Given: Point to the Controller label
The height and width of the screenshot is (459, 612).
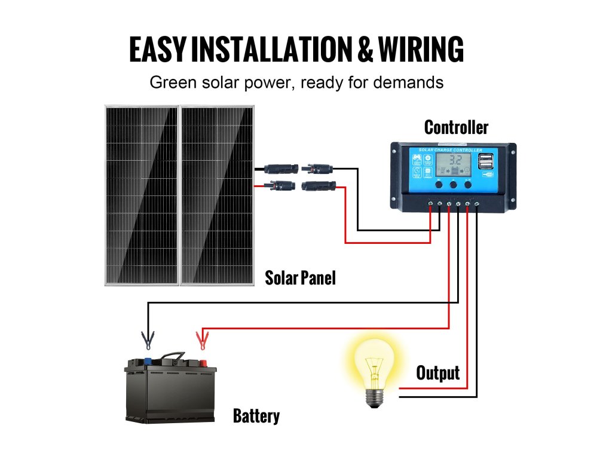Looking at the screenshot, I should pyautogui.click(x=456, y=127).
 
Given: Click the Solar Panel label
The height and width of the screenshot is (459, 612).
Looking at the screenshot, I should pyautogui.click(x=300, y=278).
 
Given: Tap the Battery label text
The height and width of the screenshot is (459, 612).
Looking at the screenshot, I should pyautogui.click(x=256, y=416).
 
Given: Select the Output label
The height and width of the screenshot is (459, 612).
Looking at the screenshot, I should pyautogui.click(x=437, y=373).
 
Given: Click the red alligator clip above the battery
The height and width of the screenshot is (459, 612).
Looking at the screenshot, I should pyautogui.click(x=202, y=341).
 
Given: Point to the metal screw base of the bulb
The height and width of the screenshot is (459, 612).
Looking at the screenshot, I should pyautogui.click(x=374, y=397).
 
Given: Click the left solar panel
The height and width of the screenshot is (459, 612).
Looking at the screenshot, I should pyautogui.click(x=142, y=194).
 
